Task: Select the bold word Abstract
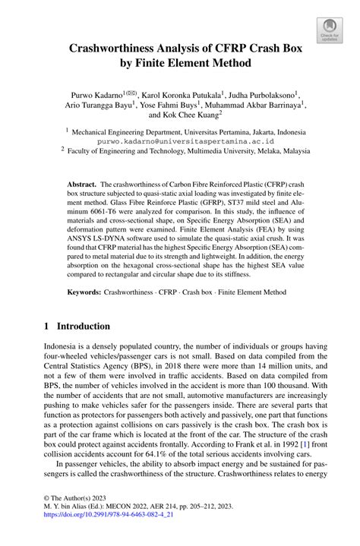(81, 185)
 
